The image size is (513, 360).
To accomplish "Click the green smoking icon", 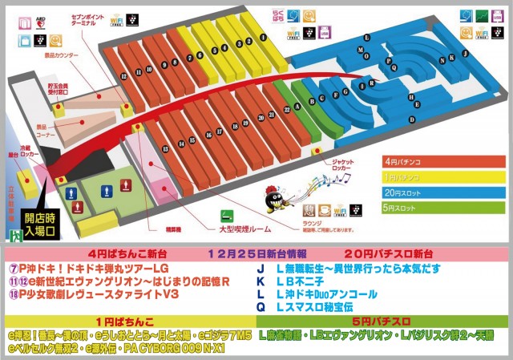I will coord(227,216).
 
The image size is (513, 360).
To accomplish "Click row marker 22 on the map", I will coord(286,108).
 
